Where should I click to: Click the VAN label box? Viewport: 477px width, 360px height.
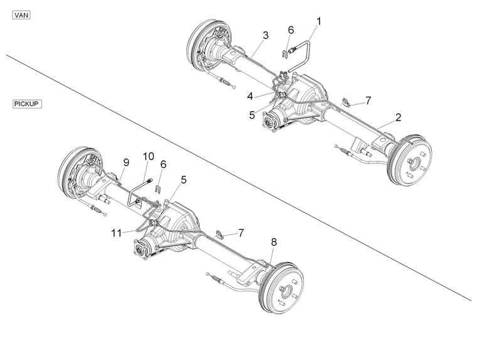pos(21,14)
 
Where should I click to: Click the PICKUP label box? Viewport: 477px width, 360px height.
pos(27,104)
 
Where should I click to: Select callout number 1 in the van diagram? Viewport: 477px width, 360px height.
pos(318,21)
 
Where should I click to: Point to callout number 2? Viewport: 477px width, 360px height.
pos(398,117)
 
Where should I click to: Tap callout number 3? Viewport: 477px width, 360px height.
pos(265,35)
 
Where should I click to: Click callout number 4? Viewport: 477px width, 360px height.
pos(250,96)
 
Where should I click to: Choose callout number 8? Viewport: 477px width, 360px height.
pos(273,241)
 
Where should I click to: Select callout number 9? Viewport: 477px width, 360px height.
pos(126,162)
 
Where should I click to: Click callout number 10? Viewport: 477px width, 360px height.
pos(148,156)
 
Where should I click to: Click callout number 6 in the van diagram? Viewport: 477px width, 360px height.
pos(291,30)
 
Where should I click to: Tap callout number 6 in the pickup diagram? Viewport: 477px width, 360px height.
pos(163,164)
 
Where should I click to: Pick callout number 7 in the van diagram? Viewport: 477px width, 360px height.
pos(368,100)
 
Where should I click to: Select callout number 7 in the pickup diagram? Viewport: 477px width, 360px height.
pos(241,233)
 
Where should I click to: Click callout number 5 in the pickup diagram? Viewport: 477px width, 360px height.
pos(183,179)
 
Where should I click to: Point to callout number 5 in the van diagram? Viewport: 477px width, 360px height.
pos(252,115)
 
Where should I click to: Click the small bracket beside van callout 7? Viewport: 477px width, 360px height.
pos(346,102)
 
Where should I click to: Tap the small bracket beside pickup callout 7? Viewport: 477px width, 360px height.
pos(219,235)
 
